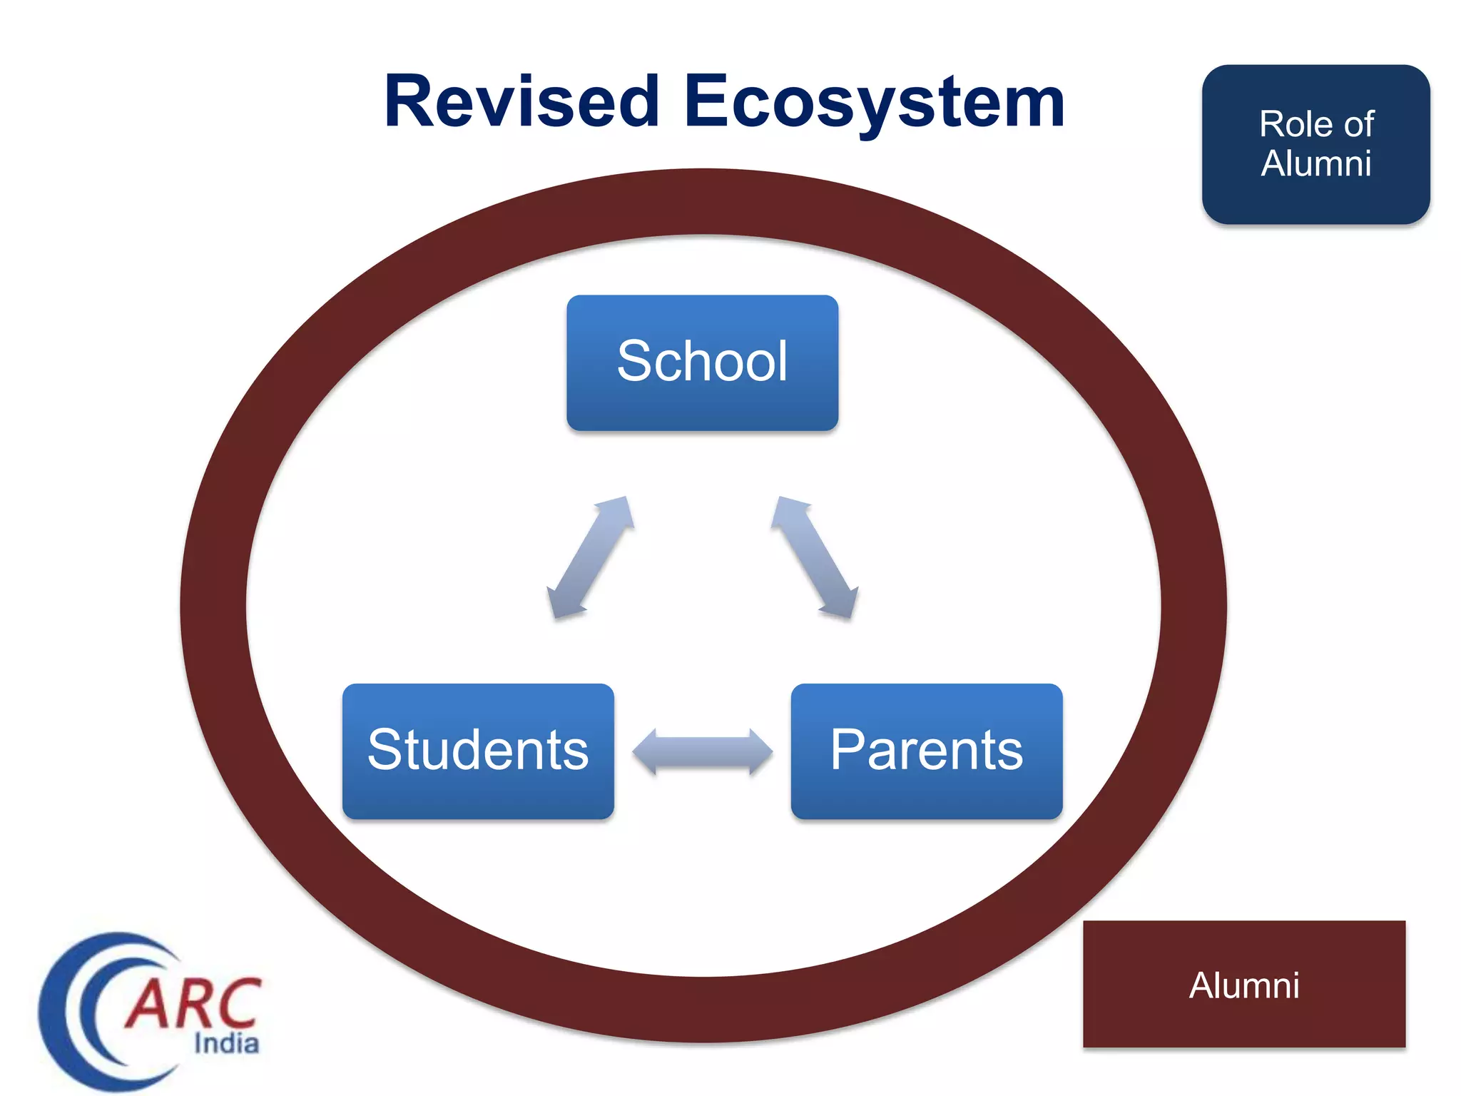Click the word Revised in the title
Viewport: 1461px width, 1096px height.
[521, 102]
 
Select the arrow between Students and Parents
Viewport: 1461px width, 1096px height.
[703, 751]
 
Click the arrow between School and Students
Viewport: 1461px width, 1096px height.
[591, 557]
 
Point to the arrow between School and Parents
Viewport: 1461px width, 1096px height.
[814, 557]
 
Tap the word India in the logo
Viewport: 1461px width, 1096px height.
[226, 1043]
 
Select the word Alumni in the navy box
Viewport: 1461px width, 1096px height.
[1316, 163]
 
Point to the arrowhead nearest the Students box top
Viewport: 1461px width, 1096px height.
[564, 603]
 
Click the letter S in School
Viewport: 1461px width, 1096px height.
[635, 361]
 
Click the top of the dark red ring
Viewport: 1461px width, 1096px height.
[703, 202]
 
